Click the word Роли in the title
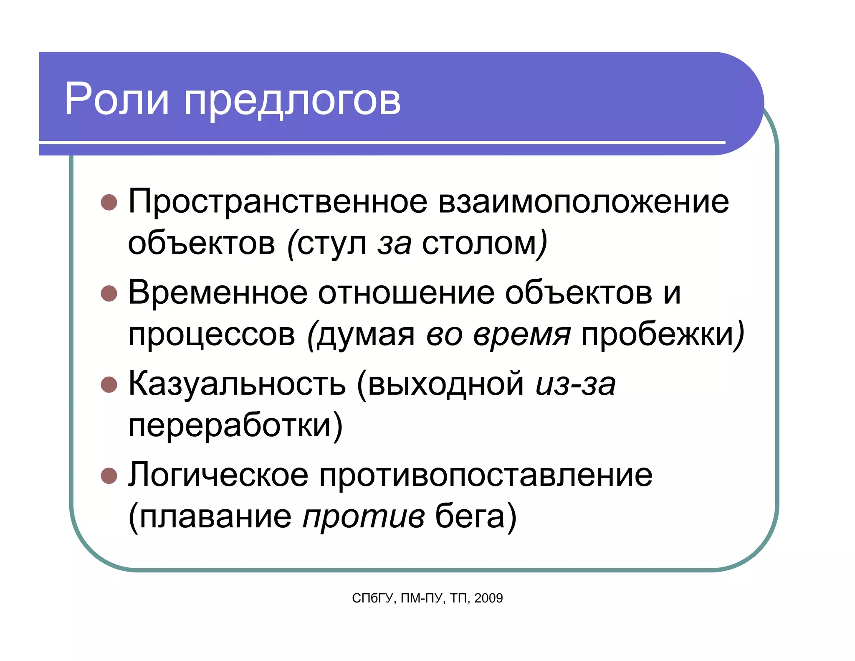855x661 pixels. click(x=116, y=99)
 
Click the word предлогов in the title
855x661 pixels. click(x=292, y=101)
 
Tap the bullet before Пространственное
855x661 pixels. click(x=109, y=202)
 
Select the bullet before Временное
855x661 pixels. click(x=109, y=293)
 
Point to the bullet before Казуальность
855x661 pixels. click(x=109, y=385)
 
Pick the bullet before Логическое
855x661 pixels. click(x=109, y=475)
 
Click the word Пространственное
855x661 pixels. click(x=278, y=202)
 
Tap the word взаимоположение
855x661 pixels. click(x=583, y=202)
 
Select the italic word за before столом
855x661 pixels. click(x=395, y=244)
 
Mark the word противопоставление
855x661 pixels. click(x=486, y=475)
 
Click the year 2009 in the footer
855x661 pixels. click(x=488, y=598)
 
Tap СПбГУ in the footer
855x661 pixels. click(x=372, y=598)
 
